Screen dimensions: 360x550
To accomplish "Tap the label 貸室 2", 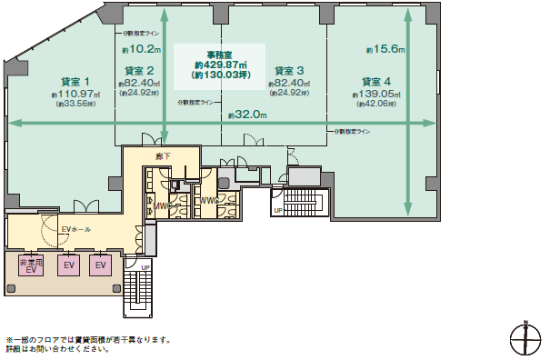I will [139, 70].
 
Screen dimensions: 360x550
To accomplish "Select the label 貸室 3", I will [289, 70].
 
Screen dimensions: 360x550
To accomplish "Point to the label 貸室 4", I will [376, 81].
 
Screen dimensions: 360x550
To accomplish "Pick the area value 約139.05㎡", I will [376, 93].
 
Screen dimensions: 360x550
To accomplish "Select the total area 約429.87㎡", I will [218, 65].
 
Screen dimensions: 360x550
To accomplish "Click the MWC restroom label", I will [164, 205].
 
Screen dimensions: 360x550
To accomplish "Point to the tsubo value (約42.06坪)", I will [376, 104].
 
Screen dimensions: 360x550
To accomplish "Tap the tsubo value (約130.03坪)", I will [218, 75].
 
